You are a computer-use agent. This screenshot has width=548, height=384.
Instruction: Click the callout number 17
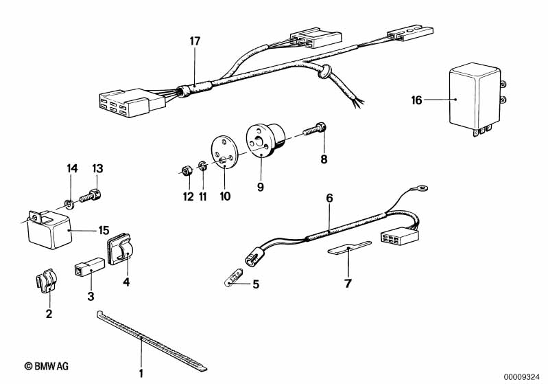pos(195,41)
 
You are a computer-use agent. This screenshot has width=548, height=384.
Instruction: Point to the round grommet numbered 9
pos(264,142)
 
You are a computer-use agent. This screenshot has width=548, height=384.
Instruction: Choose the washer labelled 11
pos(202,166)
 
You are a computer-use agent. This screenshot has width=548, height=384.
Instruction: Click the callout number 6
pos(329,198)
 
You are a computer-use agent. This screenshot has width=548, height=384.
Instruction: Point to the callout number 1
pos(141,374)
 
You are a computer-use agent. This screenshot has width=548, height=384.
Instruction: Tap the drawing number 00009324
pos(522,376)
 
